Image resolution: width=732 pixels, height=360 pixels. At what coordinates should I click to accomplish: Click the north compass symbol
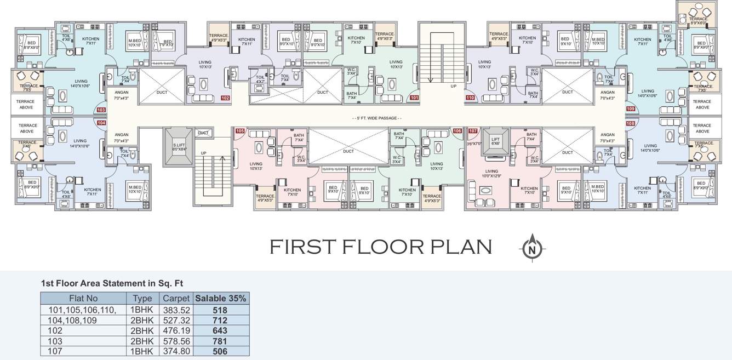coord(530,247)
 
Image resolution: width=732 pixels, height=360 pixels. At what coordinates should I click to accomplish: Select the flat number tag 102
coord(225,98)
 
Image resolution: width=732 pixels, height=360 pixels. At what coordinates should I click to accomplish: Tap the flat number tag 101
coord(414,98)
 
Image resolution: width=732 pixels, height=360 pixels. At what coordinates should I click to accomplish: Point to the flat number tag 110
coord(470,98)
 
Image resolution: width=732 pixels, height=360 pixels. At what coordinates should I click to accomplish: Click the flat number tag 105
coord(239,131)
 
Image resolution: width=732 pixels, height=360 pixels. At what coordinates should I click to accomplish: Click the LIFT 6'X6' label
coord(495,141)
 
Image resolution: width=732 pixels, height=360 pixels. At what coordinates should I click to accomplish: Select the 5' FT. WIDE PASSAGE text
coord(376,118)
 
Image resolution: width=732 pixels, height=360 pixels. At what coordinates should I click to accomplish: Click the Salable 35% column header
coord(221,299)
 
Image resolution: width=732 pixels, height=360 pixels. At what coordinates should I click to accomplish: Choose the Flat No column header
coord(83,299)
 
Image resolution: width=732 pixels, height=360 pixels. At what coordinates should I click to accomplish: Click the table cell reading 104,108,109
coord(73,321)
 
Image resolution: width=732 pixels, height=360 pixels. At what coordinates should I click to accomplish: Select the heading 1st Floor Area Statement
coord(112,283)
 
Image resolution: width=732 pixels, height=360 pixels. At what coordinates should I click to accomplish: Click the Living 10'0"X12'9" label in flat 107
coord(491,173)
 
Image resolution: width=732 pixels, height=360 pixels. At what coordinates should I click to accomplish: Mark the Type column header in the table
coord(142,299)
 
